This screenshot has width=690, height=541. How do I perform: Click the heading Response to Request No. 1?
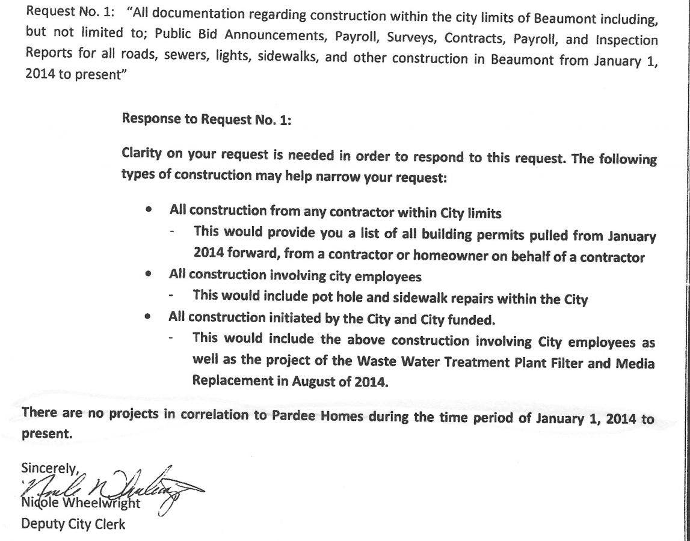click(206, 118)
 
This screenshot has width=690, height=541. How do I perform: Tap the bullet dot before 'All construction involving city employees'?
click(148, 275)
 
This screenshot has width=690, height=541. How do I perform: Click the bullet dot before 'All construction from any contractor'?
click(148, 210)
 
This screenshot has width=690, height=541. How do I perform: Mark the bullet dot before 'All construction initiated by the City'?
click(148, 317)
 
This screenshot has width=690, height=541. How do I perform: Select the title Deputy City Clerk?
click(73, 524)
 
